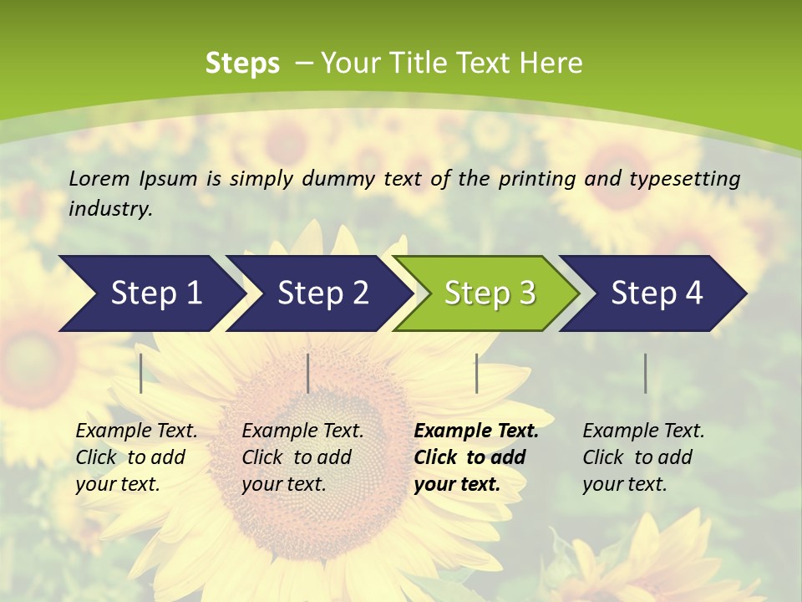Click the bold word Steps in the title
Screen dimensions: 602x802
pyautogui.click(x=242, y=64)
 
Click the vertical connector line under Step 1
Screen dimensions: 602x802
pyautogui.click(x=141, y=373)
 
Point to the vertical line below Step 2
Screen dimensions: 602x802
pyautogui.click(x=308, y=373)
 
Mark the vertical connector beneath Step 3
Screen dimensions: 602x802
pyautogui.click(x=476, y=373)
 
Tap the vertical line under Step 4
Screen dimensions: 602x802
pyautogui.click(x=645, y=373)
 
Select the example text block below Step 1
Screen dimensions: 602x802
pyautogui.click(x=136, y=457)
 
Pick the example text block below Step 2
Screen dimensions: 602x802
pyautogui.click(x=302, y=457)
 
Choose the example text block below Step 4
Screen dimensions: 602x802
pyautogui.click(x=643, y=457)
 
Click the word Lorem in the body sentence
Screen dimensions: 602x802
pyautogui.click(x=99, y=178)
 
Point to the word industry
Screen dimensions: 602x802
pyautogui.click(x=110, y=209)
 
